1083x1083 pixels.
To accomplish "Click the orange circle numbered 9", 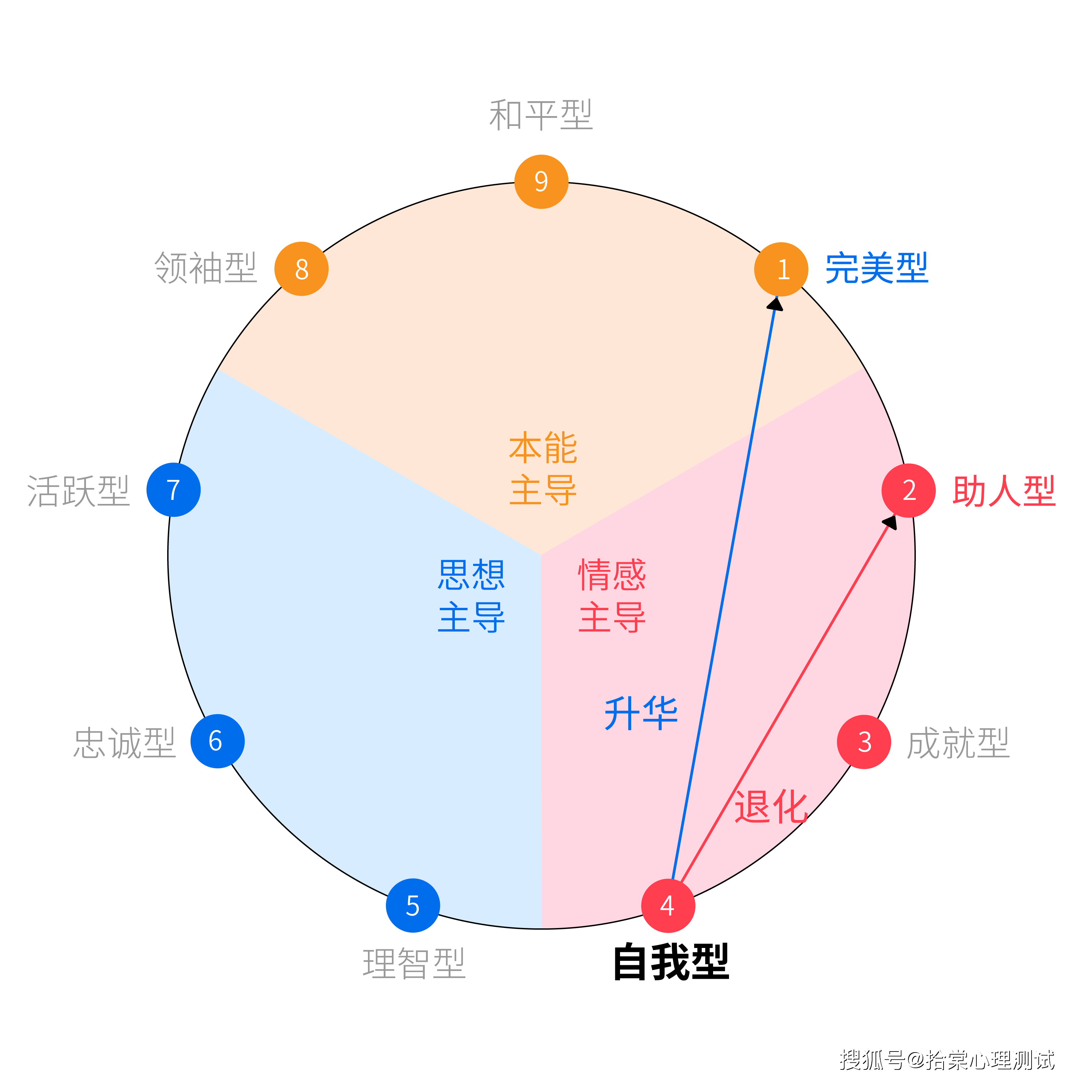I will tap(541, 182).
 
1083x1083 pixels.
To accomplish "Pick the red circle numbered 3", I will tap(864, 742).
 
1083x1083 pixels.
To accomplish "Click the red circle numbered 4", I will tap(668, 905).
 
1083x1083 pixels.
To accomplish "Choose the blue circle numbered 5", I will tap(413, 905).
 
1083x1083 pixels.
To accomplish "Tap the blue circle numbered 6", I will tap(218, 741).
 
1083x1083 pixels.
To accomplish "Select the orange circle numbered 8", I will tap(301, 269).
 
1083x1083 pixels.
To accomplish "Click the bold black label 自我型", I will tap(671, 962).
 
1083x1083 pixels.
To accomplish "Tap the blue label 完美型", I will tap(876, 268).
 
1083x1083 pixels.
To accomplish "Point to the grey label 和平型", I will tap(541, 115).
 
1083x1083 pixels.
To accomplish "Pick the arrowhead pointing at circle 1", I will tap(776, 304).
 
